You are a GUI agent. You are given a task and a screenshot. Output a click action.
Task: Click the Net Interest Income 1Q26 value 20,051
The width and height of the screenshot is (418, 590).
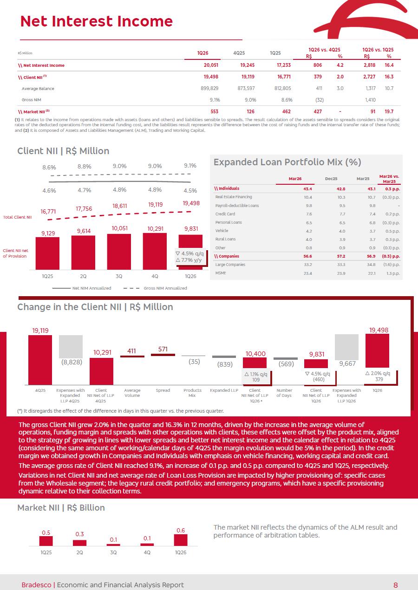211,65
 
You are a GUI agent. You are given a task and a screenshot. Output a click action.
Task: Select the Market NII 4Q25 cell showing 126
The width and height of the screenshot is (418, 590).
250,111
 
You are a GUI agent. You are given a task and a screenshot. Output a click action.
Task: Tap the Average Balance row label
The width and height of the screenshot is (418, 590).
38,89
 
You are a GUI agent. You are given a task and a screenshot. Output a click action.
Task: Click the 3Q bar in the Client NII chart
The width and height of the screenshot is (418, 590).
119,252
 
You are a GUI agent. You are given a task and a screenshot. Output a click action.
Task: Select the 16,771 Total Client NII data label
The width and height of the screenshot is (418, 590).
48,212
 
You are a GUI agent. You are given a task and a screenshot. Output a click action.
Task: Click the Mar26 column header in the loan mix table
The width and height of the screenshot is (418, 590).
295,179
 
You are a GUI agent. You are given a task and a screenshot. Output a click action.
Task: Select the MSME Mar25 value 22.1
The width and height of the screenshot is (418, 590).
372,273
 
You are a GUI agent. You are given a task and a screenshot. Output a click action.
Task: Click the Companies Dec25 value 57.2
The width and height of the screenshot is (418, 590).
341,256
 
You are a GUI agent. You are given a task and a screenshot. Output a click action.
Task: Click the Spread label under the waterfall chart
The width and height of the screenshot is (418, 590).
163,390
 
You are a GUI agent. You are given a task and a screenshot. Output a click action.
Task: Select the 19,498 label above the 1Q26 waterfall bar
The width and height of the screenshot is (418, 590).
379,330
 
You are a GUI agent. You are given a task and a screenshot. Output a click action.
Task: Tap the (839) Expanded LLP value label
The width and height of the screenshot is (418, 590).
225,364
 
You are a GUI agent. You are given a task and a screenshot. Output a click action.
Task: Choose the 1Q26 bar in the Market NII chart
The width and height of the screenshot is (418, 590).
181,540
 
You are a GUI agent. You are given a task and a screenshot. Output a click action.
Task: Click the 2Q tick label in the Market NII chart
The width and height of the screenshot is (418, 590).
79,552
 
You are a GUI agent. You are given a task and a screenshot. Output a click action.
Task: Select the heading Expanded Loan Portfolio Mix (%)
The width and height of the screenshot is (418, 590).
287,162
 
